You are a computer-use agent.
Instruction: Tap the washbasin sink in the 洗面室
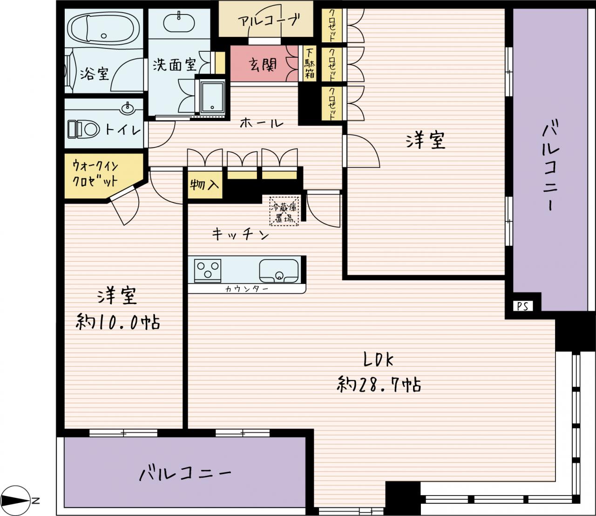(x=179, y=23)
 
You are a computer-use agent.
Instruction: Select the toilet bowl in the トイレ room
(x=84, y=129)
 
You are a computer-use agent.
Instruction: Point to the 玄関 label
(x=263, y=65)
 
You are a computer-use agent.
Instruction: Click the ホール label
(x=262, y=123)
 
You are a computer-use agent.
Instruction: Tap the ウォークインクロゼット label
(x=95, y=174)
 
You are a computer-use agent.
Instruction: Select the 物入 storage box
(x=205, y=185)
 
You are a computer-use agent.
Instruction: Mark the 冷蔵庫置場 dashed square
(x=284, y=211)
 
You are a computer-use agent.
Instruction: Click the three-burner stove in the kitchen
(x=208, y=271)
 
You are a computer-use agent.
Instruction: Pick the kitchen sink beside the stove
(x=279, y=271)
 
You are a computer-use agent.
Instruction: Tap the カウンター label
(x=246, y=289)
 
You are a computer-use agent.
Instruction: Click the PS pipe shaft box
(x=522, y=306)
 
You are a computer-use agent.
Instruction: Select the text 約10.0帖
(x=118, y=322)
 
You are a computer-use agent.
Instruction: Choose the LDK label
(x=378, y=360)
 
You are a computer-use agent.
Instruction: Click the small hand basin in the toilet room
(x=127, y=109)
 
